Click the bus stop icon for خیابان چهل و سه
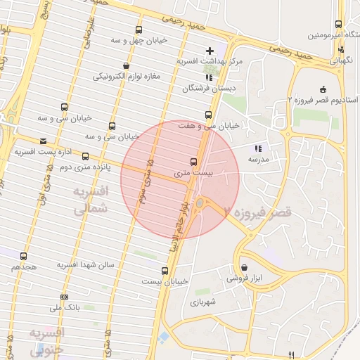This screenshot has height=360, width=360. coord(139,30)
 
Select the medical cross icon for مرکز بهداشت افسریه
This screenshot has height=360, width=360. coord(210,51)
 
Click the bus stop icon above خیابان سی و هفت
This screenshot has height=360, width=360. coord(207,115)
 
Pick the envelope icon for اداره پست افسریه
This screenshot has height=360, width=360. coord(44,141)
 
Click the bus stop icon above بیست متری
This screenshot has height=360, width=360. coord(194,162)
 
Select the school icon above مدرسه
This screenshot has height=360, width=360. coord(259,148)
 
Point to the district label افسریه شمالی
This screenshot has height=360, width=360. coord(91,200)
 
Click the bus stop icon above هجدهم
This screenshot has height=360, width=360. coord(25,256)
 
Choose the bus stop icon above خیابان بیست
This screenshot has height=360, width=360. coord(165,271)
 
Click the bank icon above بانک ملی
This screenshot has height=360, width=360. coord(65,297)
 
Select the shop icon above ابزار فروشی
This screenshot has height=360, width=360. coord(244,267)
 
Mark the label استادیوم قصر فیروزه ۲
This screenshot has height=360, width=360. coord(322,101)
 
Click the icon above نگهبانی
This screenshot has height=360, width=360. coord(341,49)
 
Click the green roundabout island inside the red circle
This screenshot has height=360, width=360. coord(200,204)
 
